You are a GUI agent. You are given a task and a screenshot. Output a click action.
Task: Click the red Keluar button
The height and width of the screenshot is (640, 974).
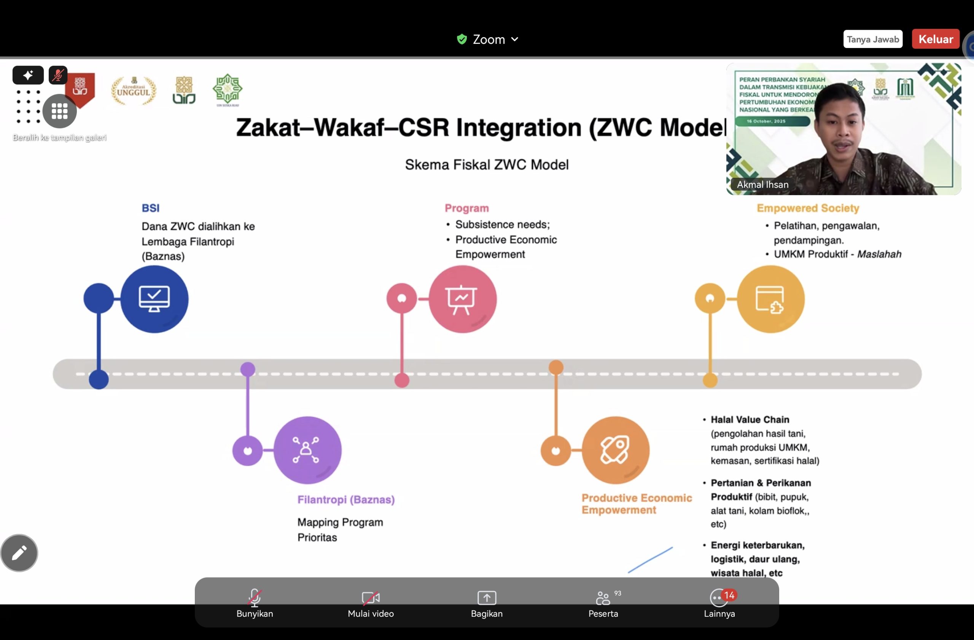936,39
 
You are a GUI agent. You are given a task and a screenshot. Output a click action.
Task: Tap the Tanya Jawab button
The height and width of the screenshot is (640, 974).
872,39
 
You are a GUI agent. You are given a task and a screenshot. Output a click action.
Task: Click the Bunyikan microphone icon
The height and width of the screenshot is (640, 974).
254,597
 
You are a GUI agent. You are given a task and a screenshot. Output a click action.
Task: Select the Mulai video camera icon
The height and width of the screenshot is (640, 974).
370,597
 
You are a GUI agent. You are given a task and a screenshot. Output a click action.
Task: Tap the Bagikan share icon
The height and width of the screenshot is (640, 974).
487,597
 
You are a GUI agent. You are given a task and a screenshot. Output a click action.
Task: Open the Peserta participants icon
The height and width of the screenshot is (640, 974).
602,597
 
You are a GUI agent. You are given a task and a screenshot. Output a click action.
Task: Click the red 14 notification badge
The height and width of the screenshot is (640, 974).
729,595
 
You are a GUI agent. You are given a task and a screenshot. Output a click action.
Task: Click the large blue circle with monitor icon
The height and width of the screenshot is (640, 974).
154,299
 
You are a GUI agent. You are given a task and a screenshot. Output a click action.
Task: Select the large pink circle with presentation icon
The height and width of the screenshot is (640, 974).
462,299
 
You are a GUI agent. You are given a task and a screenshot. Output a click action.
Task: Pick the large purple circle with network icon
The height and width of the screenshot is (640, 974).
307,450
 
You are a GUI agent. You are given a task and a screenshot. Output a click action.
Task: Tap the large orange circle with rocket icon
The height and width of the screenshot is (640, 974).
616,450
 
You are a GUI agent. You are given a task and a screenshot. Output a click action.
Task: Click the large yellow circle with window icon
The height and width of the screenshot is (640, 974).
770,299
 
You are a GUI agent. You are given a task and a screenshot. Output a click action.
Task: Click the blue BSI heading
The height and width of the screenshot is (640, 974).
151,208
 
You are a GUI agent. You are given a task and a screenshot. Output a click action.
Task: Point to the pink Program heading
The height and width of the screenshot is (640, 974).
466,208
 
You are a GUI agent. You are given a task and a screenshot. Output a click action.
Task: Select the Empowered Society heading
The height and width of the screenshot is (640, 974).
807,208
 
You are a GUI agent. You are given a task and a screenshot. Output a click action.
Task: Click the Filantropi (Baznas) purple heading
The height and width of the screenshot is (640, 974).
346,499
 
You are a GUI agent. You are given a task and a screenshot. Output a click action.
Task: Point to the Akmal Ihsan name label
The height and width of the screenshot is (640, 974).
762,185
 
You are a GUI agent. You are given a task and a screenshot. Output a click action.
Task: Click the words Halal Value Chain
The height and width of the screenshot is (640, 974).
750,419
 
